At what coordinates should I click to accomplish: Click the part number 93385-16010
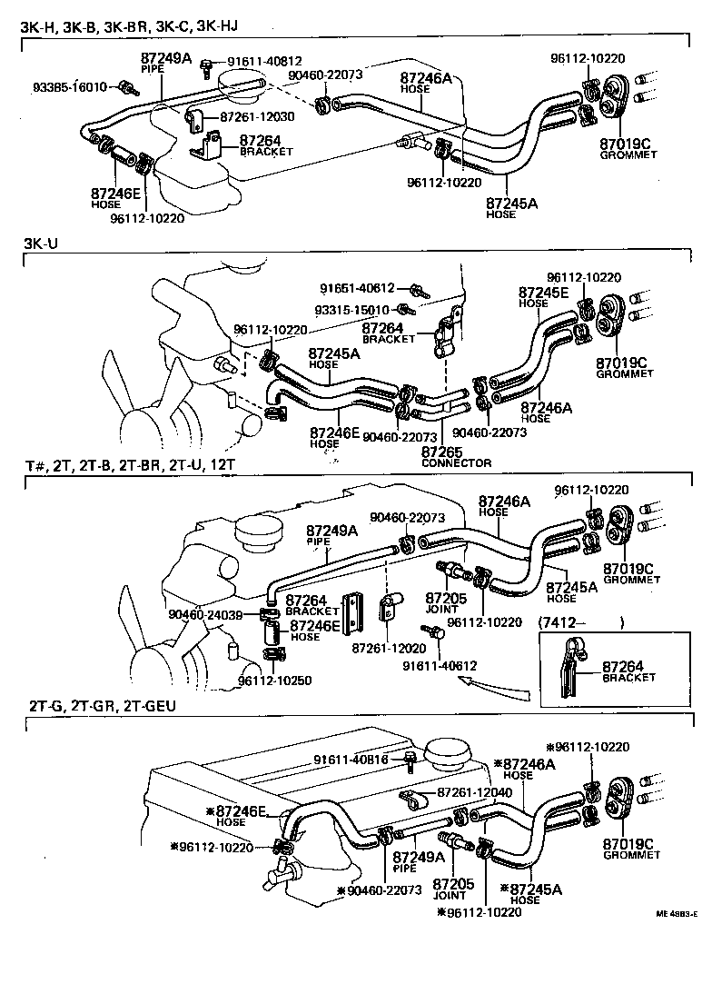tap(70, 87)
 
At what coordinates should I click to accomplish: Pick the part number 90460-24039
tap(204, 614)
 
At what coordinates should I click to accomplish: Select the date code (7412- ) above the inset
tap(582, 622)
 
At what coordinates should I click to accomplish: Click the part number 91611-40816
tap(351, 760)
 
